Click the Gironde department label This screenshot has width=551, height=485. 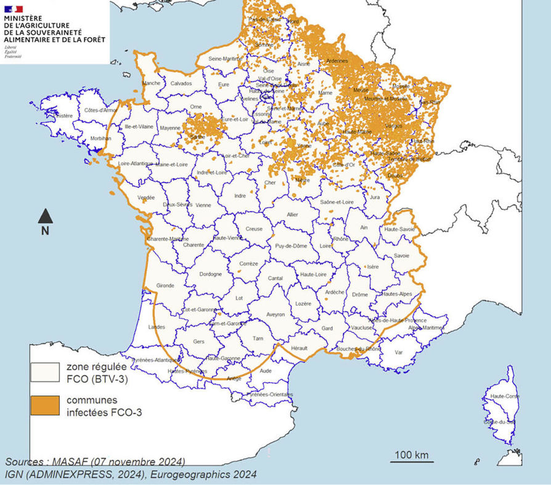pos(165,286)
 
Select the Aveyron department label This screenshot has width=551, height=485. pos(275,315)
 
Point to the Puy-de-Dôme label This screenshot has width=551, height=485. pos(292,247)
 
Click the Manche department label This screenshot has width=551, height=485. pos(151,84)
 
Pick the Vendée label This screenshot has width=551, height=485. pos(146,198)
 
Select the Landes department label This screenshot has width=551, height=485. pos(157,327)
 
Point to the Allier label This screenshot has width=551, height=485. pos(293,215)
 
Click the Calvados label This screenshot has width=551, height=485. pos(181,84)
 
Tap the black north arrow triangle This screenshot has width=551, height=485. pos(45,216)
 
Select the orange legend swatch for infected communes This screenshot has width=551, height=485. pos(46,406)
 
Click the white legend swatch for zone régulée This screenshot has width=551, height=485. pos(46,373)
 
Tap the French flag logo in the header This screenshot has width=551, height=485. pos(14,9)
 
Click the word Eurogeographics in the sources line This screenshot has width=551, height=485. pos(182,474)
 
